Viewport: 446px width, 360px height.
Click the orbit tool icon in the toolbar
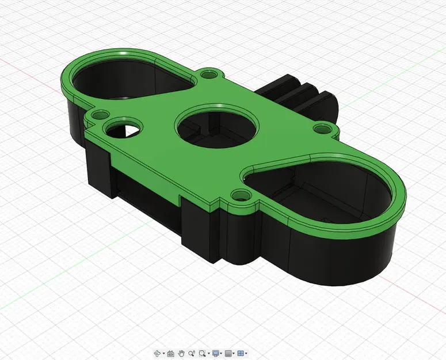(x=158, y=353)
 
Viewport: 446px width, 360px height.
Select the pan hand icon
(x=181, y=353)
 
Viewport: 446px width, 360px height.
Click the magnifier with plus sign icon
(x=192, y=353)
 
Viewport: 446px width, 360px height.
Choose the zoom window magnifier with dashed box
(x=203, y=353)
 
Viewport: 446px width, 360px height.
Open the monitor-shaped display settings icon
(x=216, y=353)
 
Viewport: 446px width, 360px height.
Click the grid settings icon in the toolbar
(x=228, y=353)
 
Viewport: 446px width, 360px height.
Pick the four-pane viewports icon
(x=241, y=353)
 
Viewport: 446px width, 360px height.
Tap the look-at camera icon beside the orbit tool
(x=170, y=353)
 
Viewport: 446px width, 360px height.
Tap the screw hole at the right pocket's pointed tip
(x=238, y=196)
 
